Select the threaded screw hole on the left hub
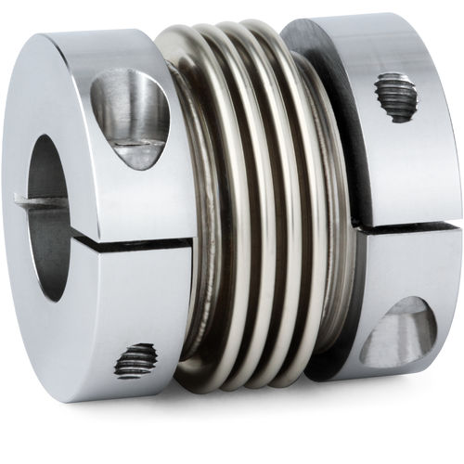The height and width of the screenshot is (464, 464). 135,359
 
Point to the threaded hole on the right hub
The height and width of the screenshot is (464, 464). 396,97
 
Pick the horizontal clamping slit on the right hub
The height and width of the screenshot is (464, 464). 408,226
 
